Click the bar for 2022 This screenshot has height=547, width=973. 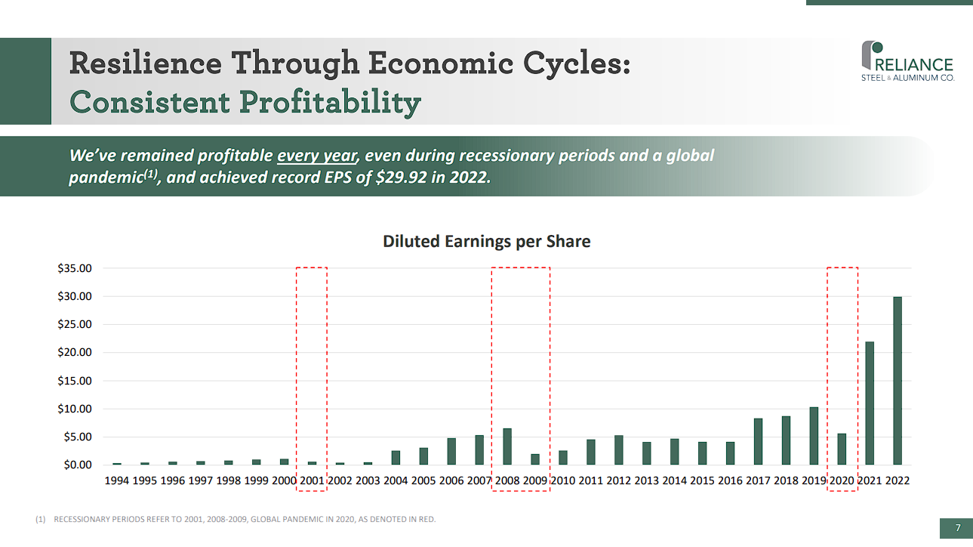[x=897, y=381]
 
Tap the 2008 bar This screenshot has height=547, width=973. [x=507, y=447]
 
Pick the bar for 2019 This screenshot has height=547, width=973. [x=814, y=436]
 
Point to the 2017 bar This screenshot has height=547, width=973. [x=758, y=441]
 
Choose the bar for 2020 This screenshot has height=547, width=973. [x=842, y=449]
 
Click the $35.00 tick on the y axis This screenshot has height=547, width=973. [x=75, y=268]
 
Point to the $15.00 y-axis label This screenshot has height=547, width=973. [x=75, y=381]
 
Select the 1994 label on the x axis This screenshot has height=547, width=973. [x=116, y=481]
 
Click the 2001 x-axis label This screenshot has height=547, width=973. [x=312, y=481]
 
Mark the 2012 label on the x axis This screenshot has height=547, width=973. [x=619, y=481]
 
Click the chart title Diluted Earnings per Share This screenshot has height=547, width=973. [x=486, y=242]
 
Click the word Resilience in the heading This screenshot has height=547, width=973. [x=145, y=63]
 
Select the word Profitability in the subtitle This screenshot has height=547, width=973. [x=323, y=102]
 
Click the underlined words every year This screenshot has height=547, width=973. [x=316, y=156]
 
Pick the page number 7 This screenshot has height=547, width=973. [x=957, y=527]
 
